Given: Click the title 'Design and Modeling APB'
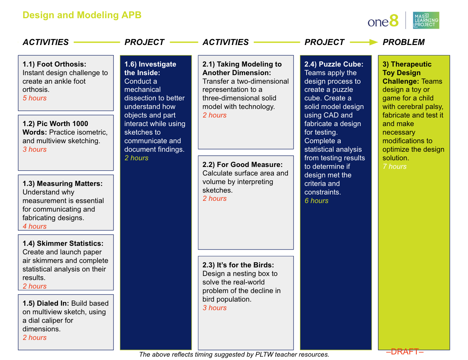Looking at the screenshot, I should pos(82,15).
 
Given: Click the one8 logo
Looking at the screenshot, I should pos(383,21).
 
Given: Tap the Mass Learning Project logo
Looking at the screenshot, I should pos(426,20).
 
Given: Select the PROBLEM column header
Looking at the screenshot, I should pos(404,42).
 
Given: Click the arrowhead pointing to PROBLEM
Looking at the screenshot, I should pos(373,42).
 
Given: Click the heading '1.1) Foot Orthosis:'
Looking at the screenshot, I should pos(54,64).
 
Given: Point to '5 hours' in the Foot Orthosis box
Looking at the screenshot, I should pos(35,98).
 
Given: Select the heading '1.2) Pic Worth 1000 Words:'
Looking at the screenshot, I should pos(55,124).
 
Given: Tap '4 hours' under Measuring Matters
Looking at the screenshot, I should pos(35,226).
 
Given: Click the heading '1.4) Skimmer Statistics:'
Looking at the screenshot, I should pos(63,244).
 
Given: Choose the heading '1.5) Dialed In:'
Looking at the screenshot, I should pos(46,303).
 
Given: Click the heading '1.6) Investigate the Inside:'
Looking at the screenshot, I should pos(150,68).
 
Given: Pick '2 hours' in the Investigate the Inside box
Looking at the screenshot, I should pos(137,158).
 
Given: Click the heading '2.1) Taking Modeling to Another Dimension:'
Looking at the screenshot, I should pos(242,68).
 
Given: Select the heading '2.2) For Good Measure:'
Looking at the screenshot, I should pos(243,165).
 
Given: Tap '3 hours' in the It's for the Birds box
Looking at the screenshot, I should pos(215,308).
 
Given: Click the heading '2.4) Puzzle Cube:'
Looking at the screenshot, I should pos(334,64).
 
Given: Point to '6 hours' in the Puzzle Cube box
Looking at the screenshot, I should pos(317,201).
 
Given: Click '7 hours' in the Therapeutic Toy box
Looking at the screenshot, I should pos(395,167).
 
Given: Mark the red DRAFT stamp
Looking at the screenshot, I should pos(405,352).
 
